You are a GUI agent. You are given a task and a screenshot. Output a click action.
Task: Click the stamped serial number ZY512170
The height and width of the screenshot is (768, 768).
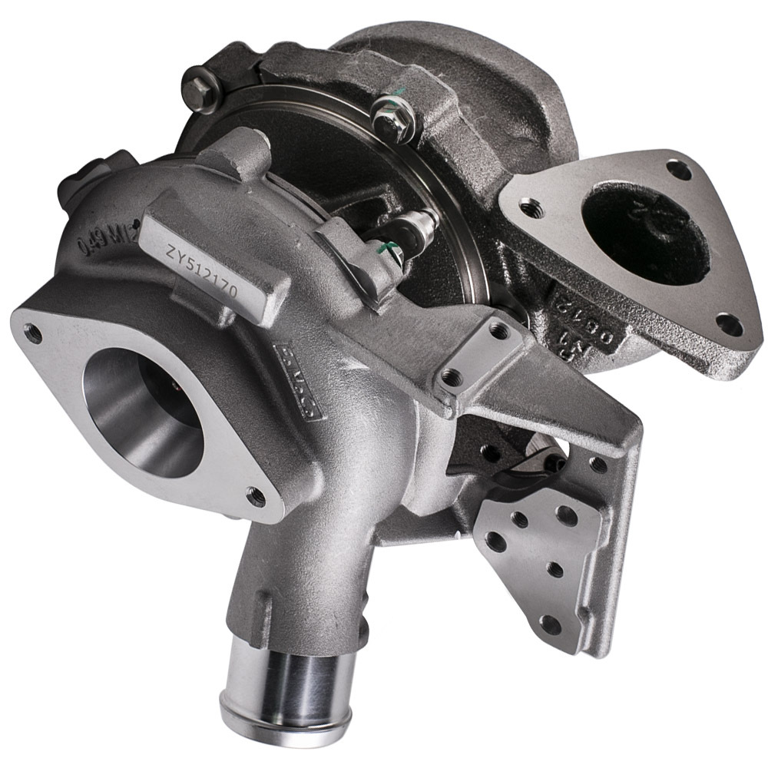click(x=201, y=273)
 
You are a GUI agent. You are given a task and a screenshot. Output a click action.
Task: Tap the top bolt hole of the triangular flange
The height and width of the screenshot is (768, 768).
click(x=678, y=167)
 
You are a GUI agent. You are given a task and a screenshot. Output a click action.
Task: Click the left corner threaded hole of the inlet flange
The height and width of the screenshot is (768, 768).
click(x=33, y=332)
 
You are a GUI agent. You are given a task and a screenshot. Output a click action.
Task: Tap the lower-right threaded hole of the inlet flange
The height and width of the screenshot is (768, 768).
click(x=256, y=497)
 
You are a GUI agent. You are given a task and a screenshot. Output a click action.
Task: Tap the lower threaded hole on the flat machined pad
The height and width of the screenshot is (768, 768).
click(x=453, y=377)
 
